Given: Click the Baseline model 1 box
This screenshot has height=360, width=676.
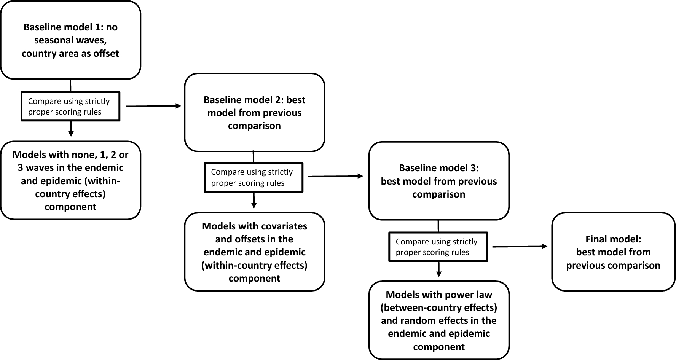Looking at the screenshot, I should click(x=70, y=40).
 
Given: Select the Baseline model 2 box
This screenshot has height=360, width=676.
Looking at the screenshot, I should click(x=254, y=113).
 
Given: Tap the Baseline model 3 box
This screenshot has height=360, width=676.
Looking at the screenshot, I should click(x=439, y=181).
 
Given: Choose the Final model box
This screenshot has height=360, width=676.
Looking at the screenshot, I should click(x=613, y=252).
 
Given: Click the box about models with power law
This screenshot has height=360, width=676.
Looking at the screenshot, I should click(x=439, y=320).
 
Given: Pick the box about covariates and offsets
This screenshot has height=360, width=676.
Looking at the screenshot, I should click(x=254, y=252).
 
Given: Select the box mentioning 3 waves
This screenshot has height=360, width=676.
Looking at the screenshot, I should click(x=70, y=181).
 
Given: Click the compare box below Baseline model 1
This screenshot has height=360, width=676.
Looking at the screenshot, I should click(x=70, y=107).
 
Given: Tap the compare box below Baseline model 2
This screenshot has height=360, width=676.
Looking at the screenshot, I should click(x=253, y=177).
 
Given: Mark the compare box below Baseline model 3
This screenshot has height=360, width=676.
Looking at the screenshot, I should click(x=438, y=247).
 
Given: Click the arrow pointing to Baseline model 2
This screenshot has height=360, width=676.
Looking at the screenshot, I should click(x=153, y=106).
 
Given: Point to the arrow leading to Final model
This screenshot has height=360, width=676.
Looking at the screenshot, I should click(x=520, y=247).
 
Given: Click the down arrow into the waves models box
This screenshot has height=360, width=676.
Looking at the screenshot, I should click(x=70, y=129).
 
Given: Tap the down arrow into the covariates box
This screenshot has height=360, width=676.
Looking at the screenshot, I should click(x=254, y=200).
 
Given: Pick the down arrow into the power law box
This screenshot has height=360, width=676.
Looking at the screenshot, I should click(x=438, y=270).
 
